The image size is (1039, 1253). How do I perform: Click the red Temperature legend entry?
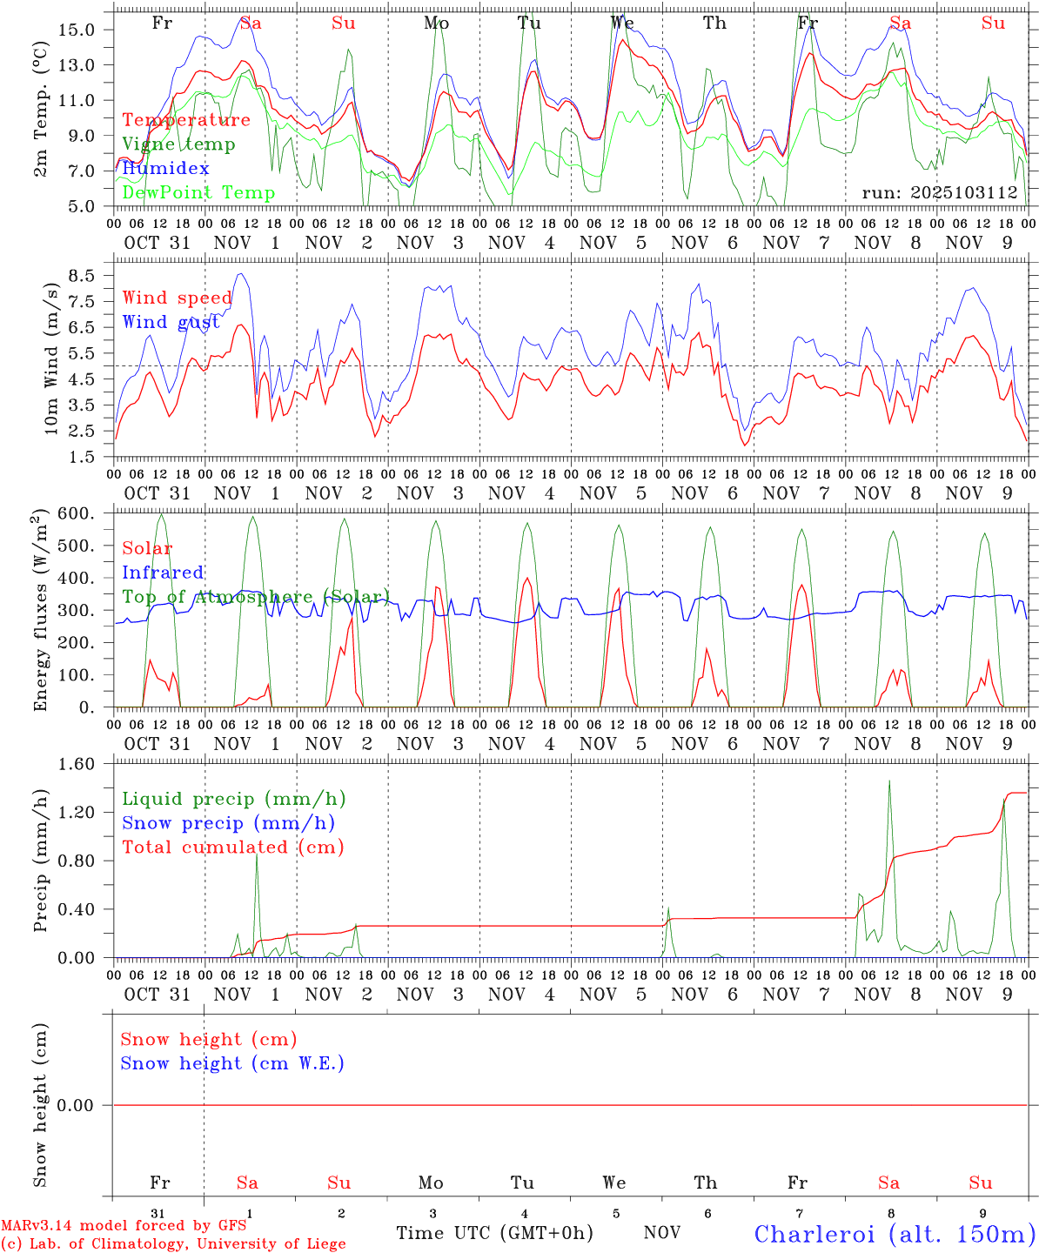(x=186, y=120)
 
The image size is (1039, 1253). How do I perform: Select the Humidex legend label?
(x=165, y=169)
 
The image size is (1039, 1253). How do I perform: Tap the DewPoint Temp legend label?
(x=198, y=193)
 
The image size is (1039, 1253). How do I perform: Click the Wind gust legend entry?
(x=171, y=322)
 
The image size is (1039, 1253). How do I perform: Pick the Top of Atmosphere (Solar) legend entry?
(x=256, y=597)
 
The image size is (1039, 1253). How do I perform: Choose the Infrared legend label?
(x=163, y=573)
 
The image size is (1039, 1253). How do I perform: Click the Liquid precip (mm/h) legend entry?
(x=234, y=799)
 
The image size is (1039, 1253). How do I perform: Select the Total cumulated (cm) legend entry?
(x=233, y=848)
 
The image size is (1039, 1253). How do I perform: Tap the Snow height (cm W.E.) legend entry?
(x=232, y=1063)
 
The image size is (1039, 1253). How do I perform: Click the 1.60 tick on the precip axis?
(x=77, y=764)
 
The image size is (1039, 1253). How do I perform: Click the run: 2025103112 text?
(x=940, y=193)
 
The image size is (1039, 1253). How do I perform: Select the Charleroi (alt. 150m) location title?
(x=895, y=1234)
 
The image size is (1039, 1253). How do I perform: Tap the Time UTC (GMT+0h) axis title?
(x=494, y=1233)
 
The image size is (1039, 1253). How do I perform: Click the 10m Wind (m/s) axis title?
(x=50, y=358)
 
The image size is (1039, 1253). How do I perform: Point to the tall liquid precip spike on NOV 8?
(x=889, y=783)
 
